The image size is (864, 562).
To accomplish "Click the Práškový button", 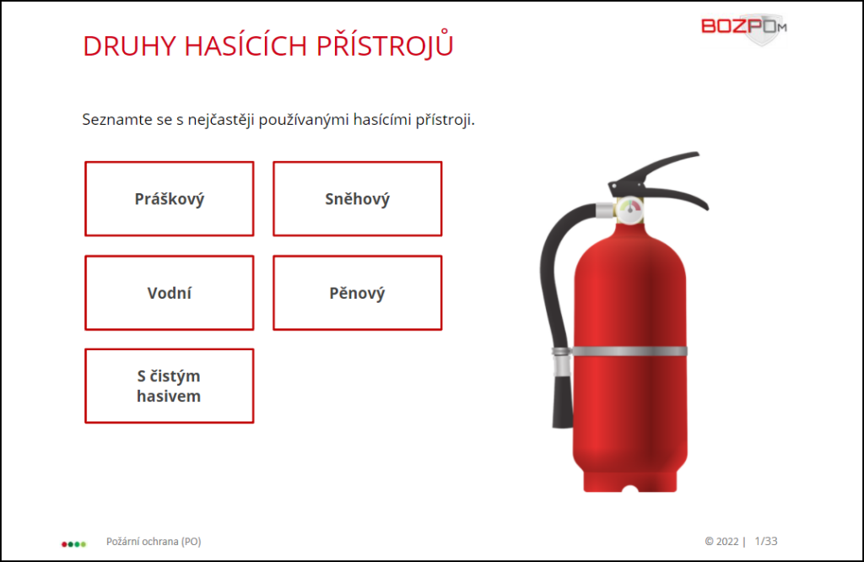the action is tap(169, 199).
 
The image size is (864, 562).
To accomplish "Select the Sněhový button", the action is tap(358, 199).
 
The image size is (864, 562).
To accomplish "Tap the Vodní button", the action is tap(169, 293).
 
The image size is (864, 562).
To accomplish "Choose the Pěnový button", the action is tap(358, 293).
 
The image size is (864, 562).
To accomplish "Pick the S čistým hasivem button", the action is tap(169, 386).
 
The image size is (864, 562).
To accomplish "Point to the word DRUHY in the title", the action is tap(129, 46).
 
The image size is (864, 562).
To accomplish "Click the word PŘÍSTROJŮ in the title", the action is tap(385, 44).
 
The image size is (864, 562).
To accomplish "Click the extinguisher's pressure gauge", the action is tap(629, 210).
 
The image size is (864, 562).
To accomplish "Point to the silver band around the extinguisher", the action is tap(629, 352).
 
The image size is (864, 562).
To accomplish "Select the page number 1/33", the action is tap(766, 542).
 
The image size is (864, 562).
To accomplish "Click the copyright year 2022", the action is tap(726, 542).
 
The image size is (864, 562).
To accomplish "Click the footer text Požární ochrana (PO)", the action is tap(154, 542).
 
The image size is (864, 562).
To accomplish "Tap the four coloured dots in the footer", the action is tap(74, 544).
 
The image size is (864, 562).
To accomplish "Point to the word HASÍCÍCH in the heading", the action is tap(246, 46).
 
